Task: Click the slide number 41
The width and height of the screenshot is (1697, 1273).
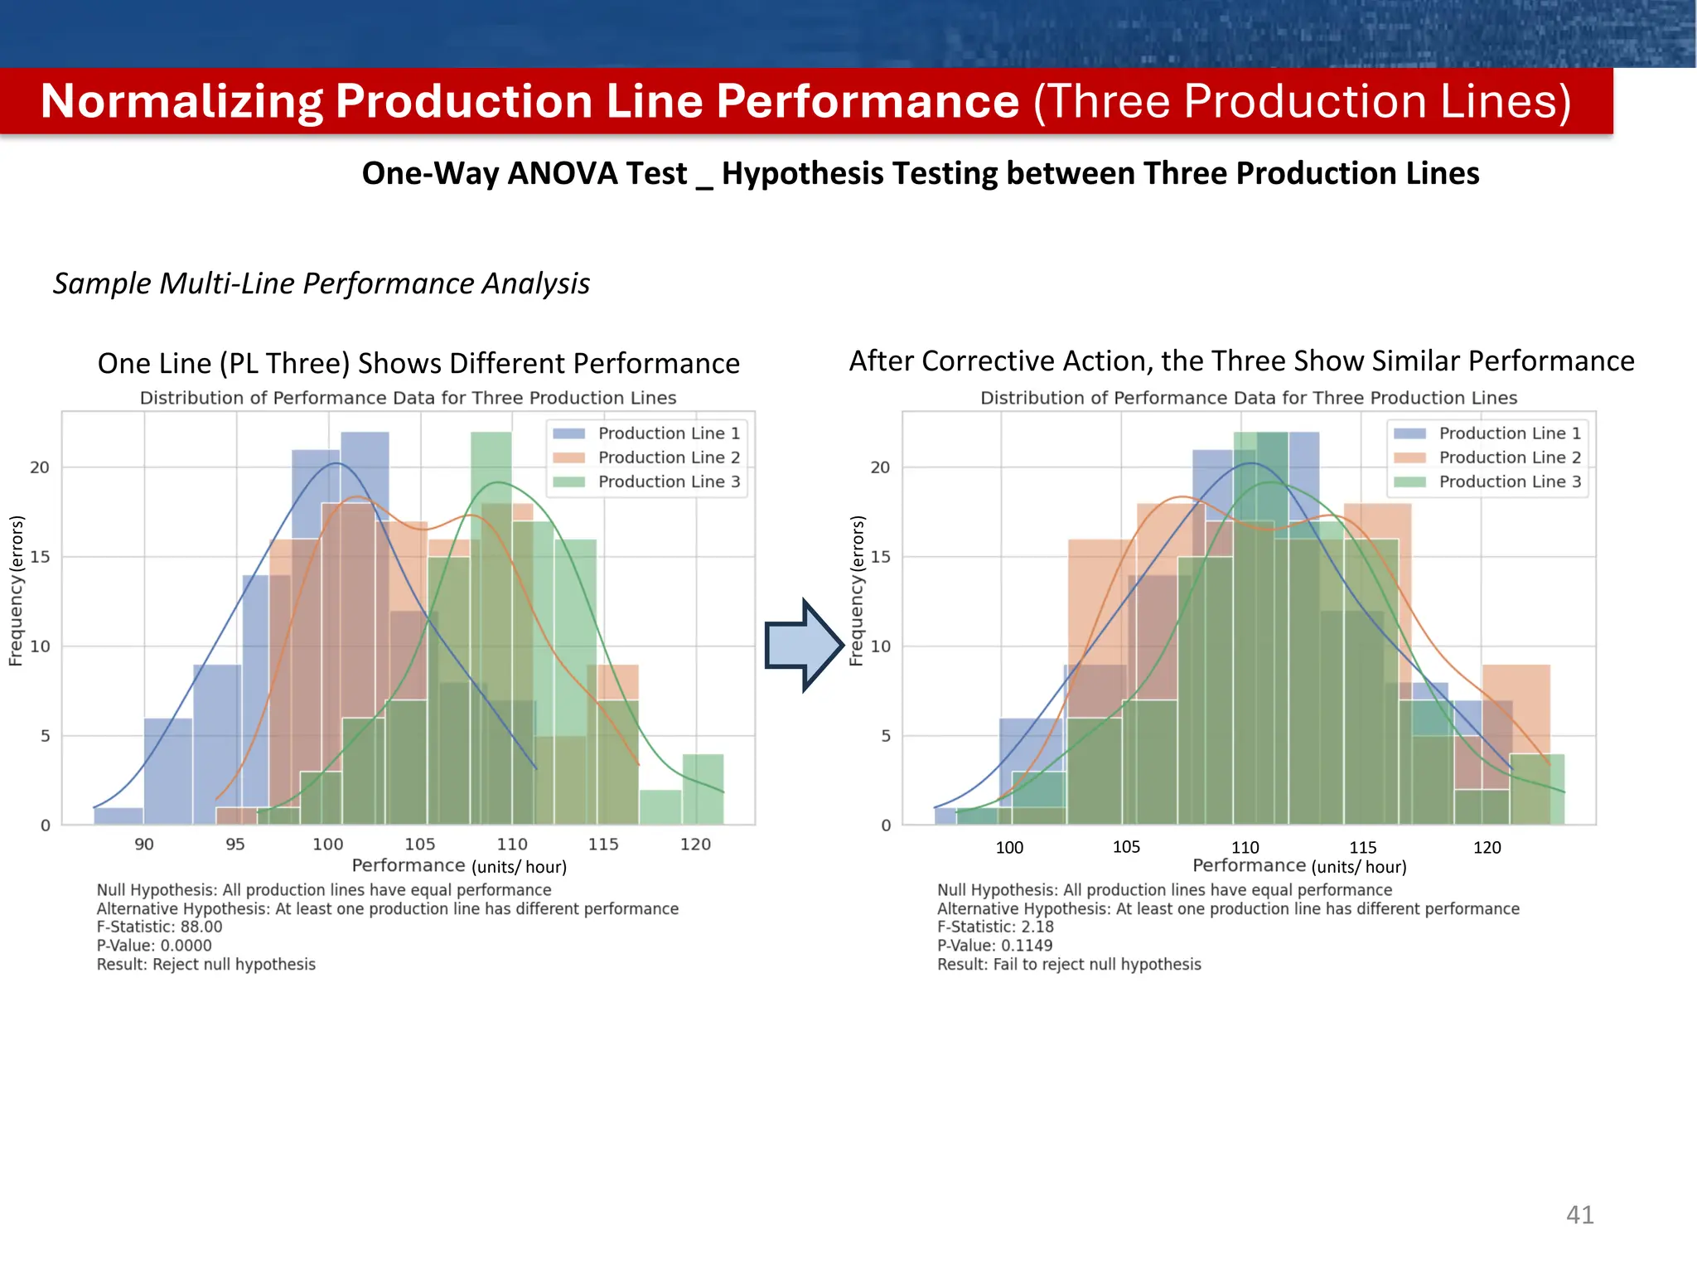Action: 1579,1215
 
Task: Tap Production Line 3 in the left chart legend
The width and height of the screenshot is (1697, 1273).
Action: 668,482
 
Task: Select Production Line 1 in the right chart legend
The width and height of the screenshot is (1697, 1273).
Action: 1509,433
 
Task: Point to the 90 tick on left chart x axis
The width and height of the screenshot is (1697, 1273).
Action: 144,845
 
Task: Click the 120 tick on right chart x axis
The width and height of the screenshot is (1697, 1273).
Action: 1487,847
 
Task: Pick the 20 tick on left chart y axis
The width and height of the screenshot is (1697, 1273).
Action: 40,467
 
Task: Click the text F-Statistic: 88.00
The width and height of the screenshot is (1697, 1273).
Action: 159,927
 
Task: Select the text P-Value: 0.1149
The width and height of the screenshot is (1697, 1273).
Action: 994,946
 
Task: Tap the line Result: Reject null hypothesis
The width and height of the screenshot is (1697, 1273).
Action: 205,965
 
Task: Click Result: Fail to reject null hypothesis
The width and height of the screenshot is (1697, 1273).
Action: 1068,965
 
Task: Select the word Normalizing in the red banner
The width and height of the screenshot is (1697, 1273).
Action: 181,101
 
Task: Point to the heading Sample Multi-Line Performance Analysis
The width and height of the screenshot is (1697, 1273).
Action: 321,283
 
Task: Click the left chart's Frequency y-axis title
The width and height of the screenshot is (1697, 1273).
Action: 16,590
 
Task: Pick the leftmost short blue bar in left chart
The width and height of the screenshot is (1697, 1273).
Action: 118,816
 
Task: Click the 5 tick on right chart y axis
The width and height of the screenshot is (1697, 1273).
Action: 885,736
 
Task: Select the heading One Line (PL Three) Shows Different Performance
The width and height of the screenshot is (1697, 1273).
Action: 418,363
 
